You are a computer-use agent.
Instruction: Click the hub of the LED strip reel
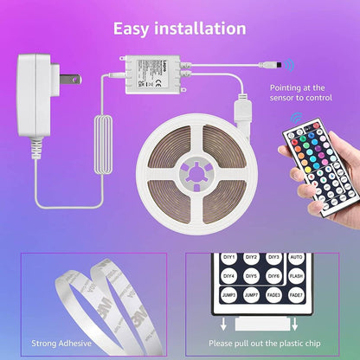(x=192, y=170)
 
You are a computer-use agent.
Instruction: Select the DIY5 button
(x=251, y=276)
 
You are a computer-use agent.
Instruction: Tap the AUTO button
(x=296, y=258)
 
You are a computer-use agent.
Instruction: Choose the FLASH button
(x=296, y=276)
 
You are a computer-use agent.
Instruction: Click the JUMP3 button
(x=228, y=295)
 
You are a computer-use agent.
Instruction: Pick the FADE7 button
(x=296, y=295)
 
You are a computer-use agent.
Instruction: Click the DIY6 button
(x=273, y=276)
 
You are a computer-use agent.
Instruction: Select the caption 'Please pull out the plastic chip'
(x=270, y=344)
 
